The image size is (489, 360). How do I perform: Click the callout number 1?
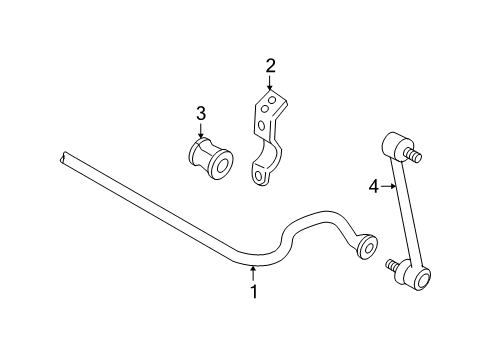pyautogui.click(x=254, y=293)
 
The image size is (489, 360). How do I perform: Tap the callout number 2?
pyautogui.click(x=270, y=67)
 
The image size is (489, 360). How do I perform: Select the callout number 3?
pyautogui.click(x=201, y=113)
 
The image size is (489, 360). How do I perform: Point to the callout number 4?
pyautogui.click(x=374, y=186)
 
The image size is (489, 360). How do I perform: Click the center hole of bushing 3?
pyautogui.click(x=216, y=158)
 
